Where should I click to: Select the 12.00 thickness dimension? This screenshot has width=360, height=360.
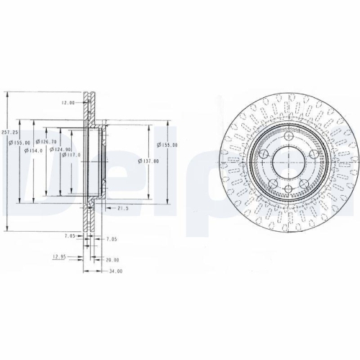[68, 102]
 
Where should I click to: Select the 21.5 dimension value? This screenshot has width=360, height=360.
[123, 208]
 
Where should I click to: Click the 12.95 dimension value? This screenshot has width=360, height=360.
[58, 256]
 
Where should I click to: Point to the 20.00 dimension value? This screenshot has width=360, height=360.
[112, 260]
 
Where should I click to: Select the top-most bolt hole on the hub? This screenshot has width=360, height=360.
[287, 137]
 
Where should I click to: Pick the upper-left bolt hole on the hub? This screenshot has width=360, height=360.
[265, 153]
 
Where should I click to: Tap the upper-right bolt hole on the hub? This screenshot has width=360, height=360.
[310, 153]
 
